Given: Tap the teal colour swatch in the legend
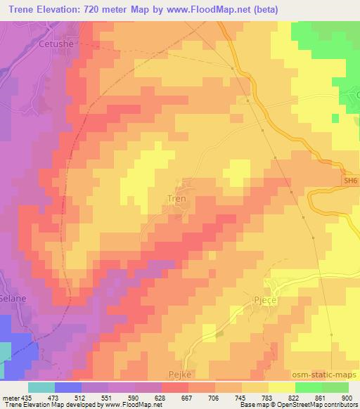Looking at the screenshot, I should pyautogui.click(x=41, y=387).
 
